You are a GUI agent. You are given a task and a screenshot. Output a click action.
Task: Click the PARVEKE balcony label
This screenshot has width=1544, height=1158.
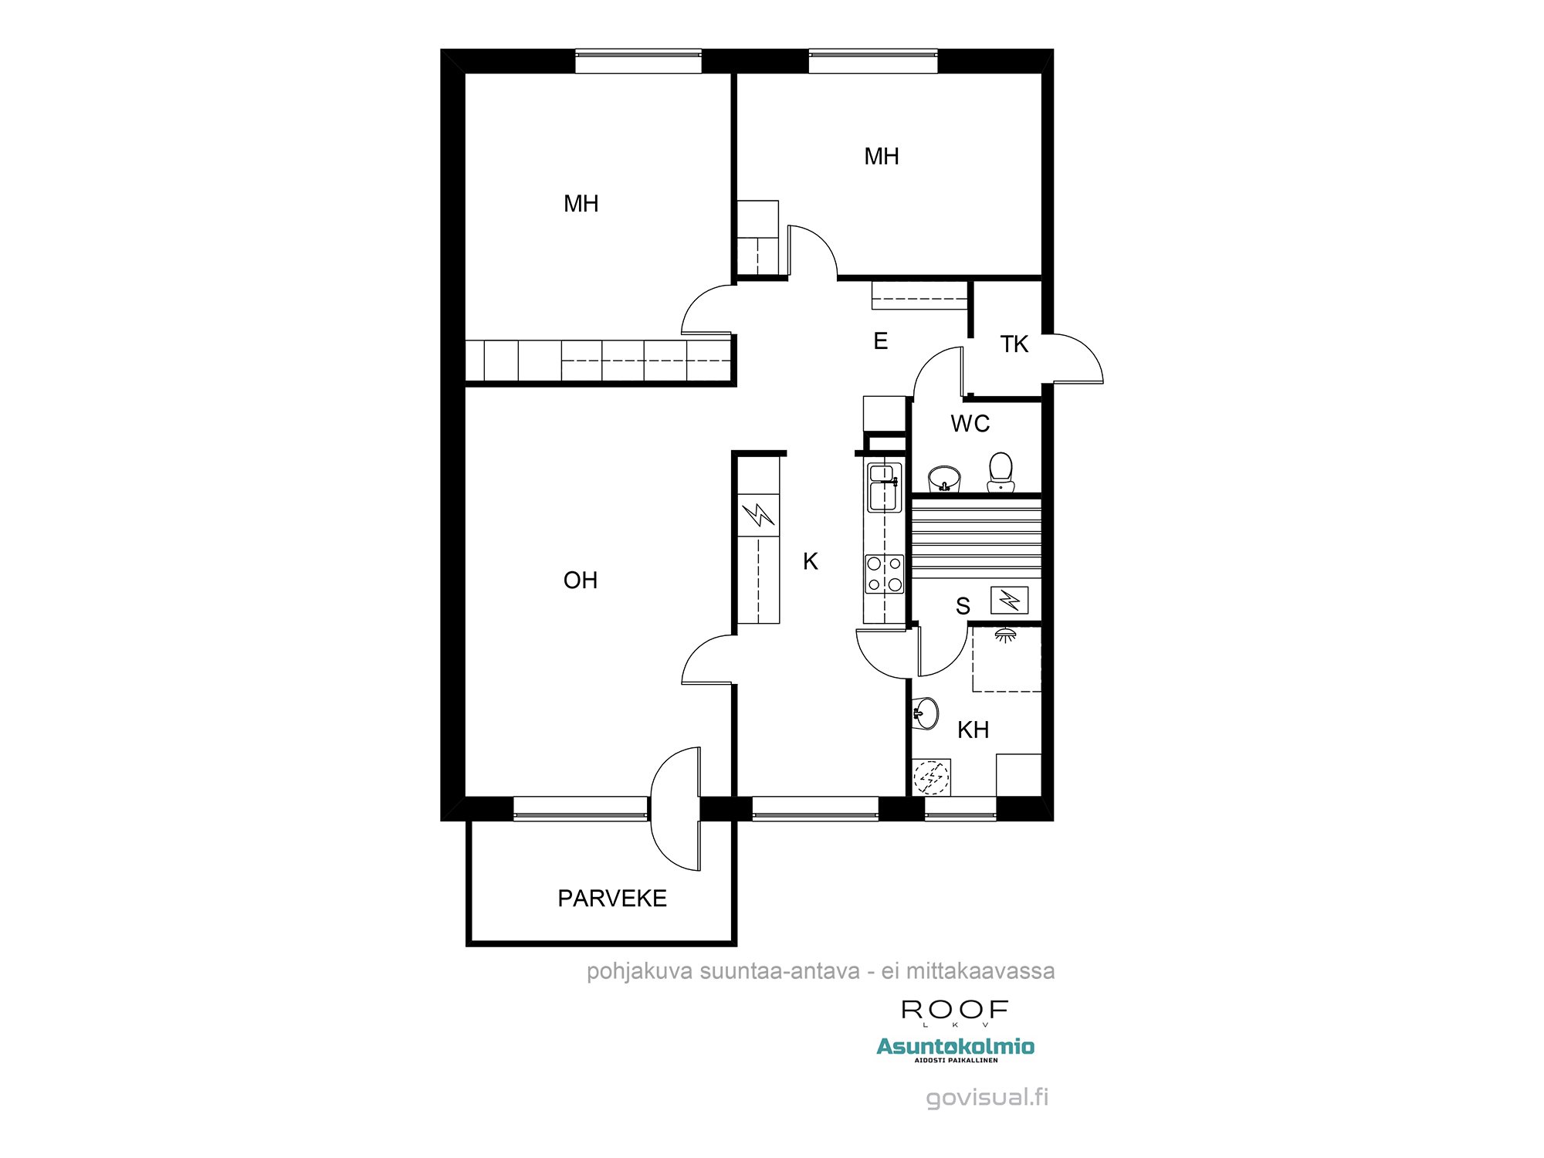[x=611, y=898]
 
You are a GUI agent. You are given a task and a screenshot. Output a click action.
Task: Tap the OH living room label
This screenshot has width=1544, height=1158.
[x=581, y=580]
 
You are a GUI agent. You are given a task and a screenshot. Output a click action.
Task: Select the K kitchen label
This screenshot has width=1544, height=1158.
[x=810, y=561]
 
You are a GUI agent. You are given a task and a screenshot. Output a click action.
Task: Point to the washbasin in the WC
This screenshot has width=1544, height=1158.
[x=944, y=479]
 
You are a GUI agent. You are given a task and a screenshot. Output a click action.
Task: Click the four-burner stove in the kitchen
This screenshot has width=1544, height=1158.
[x=884, y=574]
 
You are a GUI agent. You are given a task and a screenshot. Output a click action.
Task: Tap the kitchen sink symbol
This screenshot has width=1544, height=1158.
[x=884, y=487]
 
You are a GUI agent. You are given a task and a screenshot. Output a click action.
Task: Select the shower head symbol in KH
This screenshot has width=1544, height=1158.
[x=1004, y=635]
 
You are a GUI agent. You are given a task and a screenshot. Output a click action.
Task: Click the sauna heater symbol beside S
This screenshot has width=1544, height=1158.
[x=1009, y=600]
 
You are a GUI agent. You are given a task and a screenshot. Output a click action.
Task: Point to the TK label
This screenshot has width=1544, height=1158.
[x=1014, y=344]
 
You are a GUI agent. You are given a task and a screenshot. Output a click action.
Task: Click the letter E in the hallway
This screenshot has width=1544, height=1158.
[x=880, y=341]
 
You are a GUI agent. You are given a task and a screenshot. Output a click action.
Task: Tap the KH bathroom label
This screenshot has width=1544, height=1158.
[x=973, y=730]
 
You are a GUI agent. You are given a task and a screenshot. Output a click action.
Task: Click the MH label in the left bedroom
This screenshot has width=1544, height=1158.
[x=581, y=204]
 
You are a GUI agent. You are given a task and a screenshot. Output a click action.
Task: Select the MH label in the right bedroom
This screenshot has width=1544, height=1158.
[x=881, y=157]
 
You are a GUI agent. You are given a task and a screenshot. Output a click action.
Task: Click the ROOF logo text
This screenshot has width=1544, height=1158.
[x=955, y=1009]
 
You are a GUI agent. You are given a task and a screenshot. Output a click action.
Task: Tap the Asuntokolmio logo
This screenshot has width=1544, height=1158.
[x=955, y=1047]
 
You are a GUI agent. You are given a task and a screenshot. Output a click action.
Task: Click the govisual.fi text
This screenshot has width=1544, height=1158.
[x=987, y=1097]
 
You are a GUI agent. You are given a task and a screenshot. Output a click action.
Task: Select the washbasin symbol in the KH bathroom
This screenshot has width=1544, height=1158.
[x=926, y=713]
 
